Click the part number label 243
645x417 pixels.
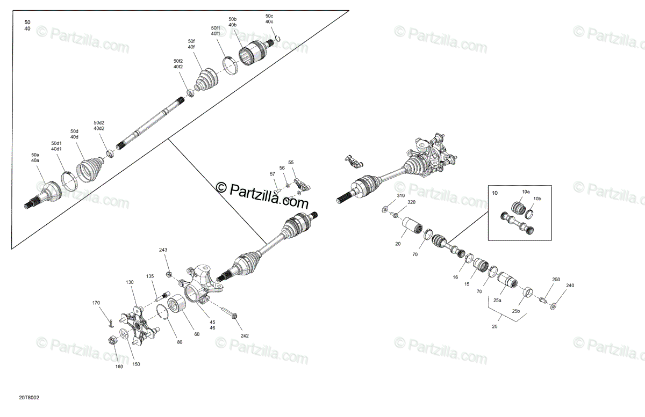pos(163,250)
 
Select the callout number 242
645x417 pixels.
pos(245,335)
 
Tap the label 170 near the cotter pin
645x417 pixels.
pos(96,303)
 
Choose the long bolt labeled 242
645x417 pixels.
pos(229,312)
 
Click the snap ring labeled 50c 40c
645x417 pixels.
pos(278,38)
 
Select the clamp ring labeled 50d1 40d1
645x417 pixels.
pos(69,181)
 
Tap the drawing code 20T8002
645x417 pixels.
pos(29,398)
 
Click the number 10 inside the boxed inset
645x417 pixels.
pos(494,193)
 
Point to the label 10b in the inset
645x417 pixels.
pos(537,199)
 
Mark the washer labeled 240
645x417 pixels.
pos(553,306)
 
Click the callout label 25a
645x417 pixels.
pos(497,300)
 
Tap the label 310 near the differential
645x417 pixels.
pos(401,195)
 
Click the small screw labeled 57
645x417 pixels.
pos(277,191)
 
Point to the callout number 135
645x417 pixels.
pos(150,276)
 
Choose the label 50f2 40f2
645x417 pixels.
pos(178,64)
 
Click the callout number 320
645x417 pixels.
pos(412,202)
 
